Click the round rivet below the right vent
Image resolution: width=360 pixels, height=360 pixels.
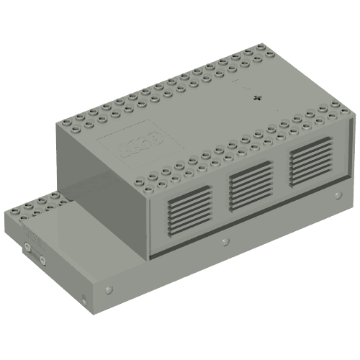(335, 194)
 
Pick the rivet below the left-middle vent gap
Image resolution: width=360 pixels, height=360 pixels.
(225, 240)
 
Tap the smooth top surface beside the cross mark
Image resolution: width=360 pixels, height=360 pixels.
(216, 108)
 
